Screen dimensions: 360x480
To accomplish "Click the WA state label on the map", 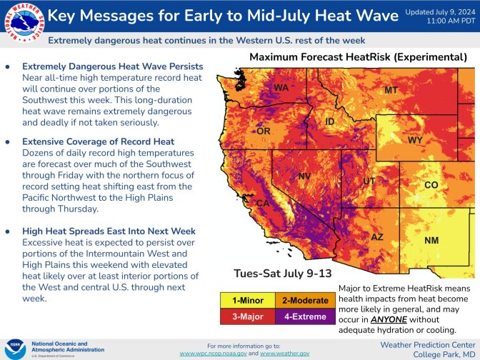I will pyautogui.click(x=281, y=88).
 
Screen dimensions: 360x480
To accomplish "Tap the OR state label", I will pyautogui.click(x=264, y=131).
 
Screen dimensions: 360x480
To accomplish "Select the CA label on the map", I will pyautogui.click(x=263, y=204).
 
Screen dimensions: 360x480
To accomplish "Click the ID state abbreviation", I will pyautogui.click(x=330, y=122).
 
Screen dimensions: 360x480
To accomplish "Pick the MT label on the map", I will pyautogui.click(x=391, y=91).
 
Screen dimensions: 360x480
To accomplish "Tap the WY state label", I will pyautogui.click(x=415, y=140).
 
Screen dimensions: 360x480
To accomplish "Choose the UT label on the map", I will pyautogui.click(x=369, y=181).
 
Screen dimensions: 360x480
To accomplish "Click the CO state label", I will pyautogui.click(x=431, y=185).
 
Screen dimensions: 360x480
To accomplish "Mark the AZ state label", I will pyautogui.click(x=377, y=236).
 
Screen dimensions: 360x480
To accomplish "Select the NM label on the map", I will pyautogui.click(x=431, y=241).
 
